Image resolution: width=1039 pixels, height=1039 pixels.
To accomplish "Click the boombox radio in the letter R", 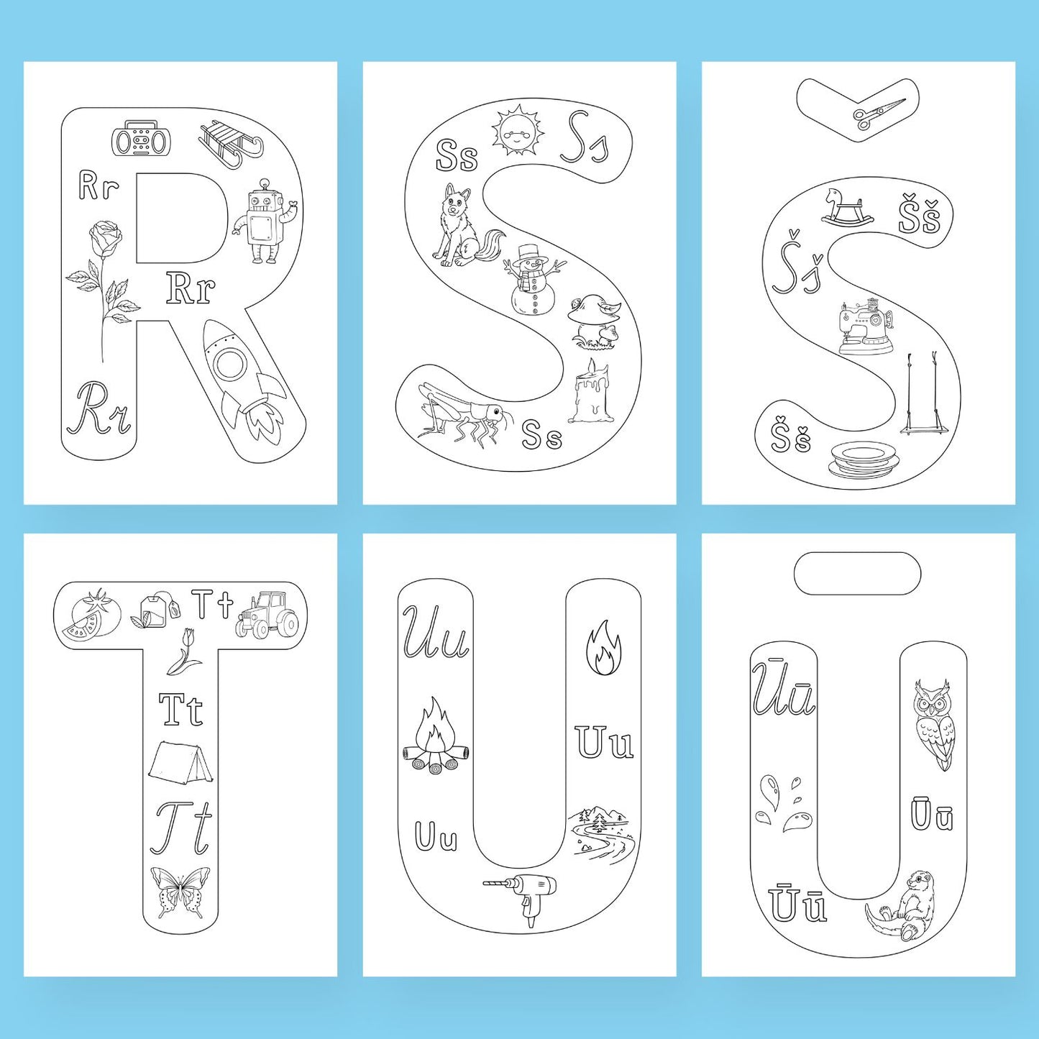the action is [139, 141].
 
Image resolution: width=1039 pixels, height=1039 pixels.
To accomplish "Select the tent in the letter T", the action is [180, 761].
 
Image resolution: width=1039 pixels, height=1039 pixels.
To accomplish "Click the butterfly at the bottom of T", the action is [180, 892].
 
